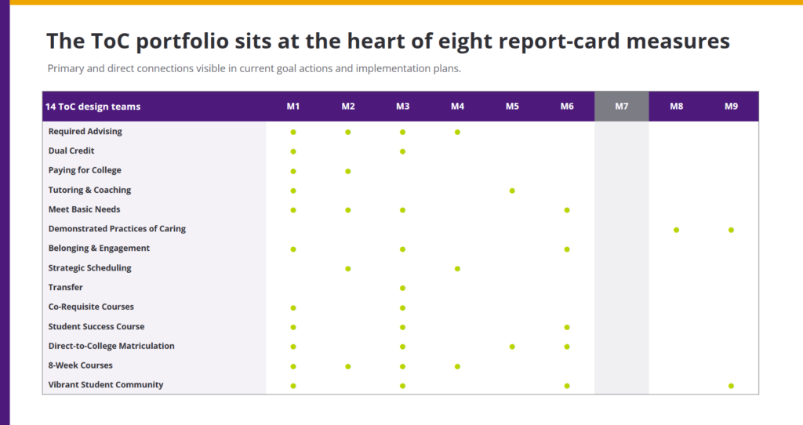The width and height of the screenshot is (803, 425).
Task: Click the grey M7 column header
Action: pos(621,107)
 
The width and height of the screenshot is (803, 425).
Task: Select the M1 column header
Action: pos(293,107)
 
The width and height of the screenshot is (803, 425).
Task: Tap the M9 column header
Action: pos(731,107)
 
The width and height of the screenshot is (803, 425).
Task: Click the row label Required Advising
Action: pos(85,132)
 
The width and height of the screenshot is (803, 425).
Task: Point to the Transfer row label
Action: pos(66,287)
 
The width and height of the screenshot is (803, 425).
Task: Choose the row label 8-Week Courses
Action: pos(81,365)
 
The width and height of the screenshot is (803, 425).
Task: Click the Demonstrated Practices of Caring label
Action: pos(117,229)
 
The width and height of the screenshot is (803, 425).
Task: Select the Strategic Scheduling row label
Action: pos(89,268)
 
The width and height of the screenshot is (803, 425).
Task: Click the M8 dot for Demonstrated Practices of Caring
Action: pos(676,230)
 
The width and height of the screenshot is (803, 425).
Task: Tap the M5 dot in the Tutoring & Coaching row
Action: pos(512,191)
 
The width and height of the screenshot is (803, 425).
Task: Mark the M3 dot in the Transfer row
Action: pos(402,289)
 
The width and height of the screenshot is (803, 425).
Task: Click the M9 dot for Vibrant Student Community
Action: pos(731,386)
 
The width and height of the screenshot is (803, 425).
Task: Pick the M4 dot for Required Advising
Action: pos(457,132)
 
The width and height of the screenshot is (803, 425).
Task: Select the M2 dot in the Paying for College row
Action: pos(347,172)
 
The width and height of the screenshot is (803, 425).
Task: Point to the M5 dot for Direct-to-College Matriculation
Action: pos(512,347)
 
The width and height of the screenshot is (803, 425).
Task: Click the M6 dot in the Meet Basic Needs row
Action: pos(567,210)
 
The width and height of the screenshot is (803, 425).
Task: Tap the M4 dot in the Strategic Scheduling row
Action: pos(457,269)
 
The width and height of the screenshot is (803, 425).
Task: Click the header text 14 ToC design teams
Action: pos(93,107)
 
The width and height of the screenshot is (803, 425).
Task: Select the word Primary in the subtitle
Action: pos(66,69)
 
